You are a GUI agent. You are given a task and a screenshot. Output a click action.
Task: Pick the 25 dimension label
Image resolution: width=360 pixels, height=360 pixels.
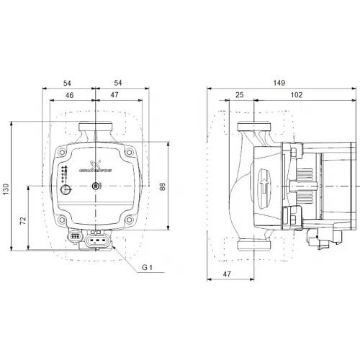240,95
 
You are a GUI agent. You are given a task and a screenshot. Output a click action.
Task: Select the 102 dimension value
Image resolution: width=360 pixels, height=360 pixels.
295,95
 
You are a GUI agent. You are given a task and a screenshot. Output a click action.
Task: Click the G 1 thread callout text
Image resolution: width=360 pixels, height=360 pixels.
147,269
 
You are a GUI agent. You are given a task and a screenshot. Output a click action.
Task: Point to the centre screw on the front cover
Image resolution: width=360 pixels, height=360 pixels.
96,189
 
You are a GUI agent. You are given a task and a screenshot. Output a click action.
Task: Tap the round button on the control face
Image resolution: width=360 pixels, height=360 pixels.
66,190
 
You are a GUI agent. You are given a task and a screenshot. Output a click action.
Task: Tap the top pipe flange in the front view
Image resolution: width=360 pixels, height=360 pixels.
96,133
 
